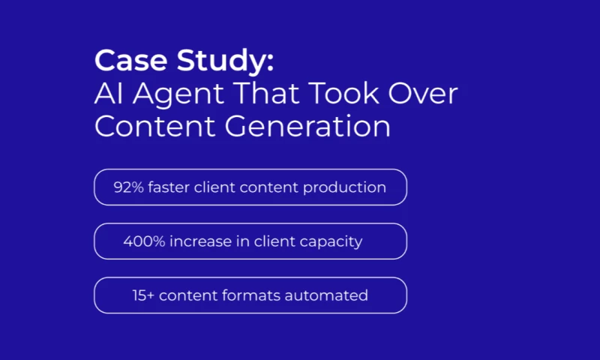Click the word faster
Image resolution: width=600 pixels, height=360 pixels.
tap(169, 187)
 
